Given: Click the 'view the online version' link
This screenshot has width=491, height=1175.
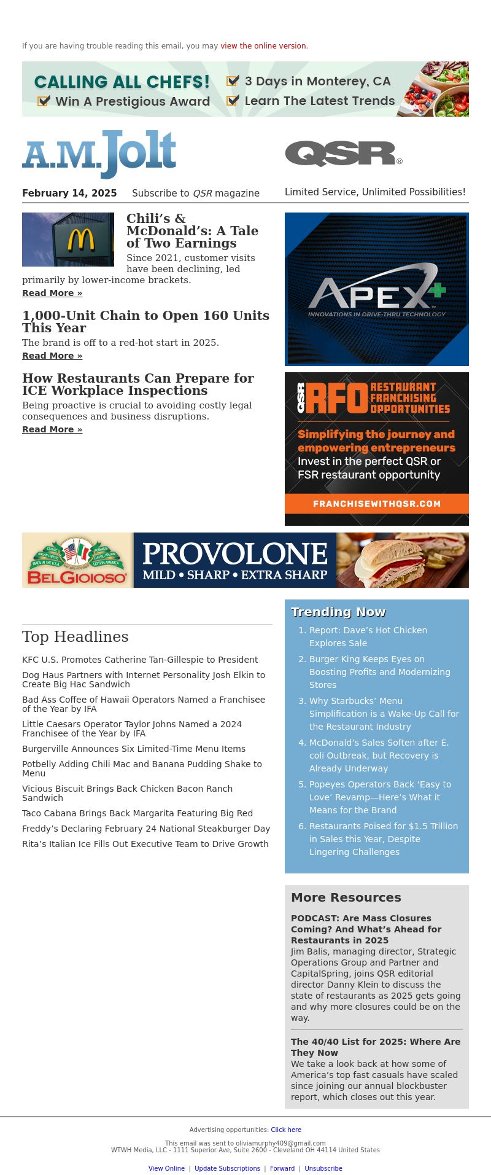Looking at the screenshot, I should tap(263, 46).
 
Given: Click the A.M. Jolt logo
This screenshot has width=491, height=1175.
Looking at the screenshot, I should tap(99, 154).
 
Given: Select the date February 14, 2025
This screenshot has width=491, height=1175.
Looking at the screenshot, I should tap(69, 193).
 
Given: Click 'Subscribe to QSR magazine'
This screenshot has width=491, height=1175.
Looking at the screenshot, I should tap(196, 193).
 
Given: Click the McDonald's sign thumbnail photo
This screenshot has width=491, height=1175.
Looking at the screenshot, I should tap(68, 240).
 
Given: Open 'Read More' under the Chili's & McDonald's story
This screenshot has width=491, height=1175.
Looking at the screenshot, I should tap(52, 293).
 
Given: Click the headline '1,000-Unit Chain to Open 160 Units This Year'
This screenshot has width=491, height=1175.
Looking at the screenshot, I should tap(145, 321).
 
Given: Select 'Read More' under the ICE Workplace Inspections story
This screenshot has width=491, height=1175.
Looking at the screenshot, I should tap(52, 429).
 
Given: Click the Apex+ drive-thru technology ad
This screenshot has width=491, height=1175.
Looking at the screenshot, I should tap(377, 289).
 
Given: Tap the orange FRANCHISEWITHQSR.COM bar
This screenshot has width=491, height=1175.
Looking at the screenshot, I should tap(377, 504).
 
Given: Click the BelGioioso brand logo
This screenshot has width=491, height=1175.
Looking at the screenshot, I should tap(77, 560).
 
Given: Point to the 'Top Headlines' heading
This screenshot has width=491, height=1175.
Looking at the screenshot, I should tap(75, 637).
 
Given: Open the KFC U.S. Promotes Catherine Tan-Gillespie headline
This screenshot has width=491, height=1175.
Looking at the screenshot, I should tap(140, 660).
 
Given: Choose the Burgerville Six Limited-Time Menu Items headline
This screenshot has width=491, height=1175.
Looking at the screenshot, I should tap(134, 749).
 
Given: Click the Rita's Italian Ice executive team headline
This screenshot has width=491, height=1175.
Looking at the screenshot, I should tap(145, 844).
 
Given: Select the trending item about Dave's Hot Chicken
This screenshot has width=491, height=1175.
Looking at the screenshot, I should tap(368, 636).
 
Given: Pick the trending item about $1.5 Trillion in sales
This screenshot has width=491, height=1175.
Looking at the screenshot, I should tap(384, 839).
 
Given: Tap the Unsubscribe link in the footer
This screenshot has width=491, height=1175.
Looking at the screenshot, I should tap(323, 1168).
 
